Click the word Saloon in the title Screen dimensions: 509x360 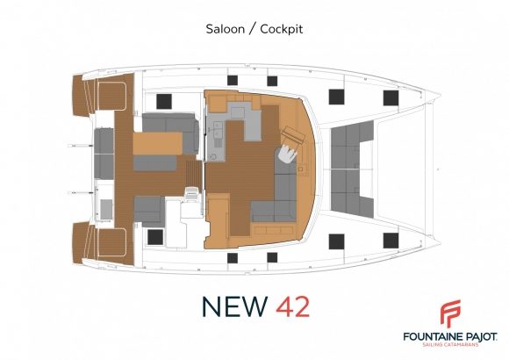coord(226,29)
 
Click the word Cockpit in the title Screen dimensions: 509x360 coord(282,29)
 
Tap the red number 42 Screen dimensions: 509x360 coord(293,306)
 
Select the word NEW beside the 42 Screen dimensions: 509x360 coord(234,306)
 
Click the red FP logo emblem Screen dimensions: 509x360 coord(450,313)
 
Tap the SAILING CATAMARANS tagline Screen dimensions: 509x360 coord(450,344)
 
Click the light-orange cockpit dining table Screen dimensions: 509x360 coord(157,143)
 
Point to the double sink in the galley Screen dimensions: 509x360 coord(218,133)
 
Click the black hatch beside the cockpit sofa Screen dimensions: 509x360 coord(164,101)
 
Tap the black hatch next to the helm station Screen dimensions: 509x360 coord(155,237)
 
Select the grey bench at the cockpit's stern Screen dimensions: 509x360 coord(104,154)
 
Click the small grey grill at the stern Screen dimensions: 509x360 coord(106,210)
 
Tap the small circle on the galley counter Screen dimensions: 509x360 coord(213,156)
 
